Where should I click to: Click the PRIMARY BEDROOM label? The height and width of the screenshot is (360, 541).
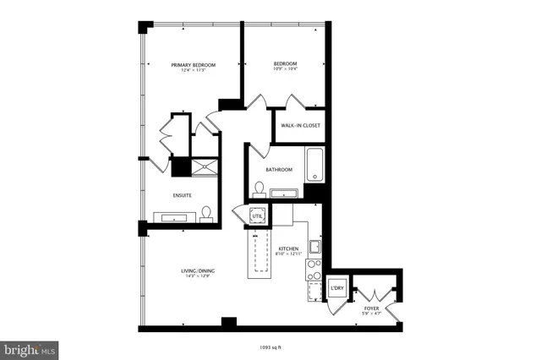click(193, 65)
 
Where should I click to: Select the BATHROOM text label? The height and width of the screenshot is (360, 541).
click(278, 169)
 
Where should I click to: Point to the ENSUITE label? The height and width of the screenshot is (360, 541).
click(182, 195)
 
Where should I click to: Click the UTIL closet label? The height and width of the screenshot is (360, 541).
click(257, 217)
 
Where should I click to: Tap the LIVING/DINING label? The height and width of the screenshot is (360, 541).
click(197, 270)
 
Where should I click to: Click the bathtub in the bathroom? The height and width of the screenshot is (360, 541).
click(314, 165)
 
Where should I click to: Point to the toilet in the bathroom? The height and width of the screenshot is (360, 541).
click(260, 189)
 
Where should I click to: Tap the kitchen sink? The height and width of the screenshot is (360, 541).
click(313, 248)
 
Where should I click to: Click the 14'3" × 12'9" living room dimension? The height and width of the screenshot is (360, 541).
click(197, 276)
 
